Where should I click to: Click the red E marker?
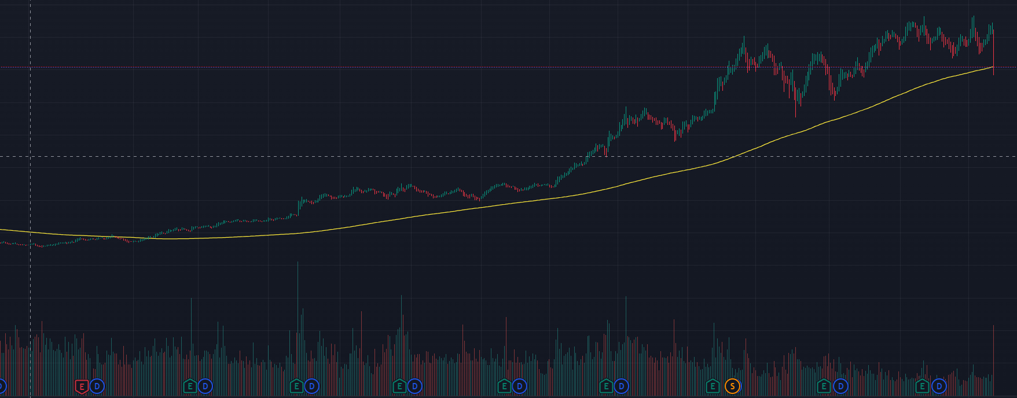click(x=82, y=386)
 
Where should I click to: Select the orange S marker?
click(x=732, y=386)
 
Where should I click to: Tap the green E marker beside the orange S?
click(x=713, y=386)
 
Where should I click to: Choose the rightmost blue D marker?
click(x=939, y=386)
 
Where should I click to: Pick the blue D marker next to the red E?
click(x=97, y=386)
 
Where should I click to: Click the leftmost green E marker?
click(x=190, y=386)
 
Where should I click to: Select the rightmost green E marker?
click(x=923, y=386)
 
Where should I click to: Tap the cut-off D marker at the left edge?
click(x=2, y=386)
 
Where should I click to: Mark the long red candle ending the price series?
click(x=993, y=52)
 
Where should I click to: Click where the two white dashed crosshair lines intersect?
click(x=30, y=156)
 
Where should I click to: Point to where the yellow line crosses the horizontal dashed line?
click(x=733, y=156)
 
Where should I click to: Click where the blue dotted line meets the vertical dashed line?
click(x=30, y=68)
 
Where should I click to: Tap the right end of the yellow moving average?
click(x=993, y=67)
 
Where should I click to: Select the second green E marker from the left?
click(x=296, y=386)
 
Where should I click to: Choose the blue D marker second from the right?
click(x=840, y=386)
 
